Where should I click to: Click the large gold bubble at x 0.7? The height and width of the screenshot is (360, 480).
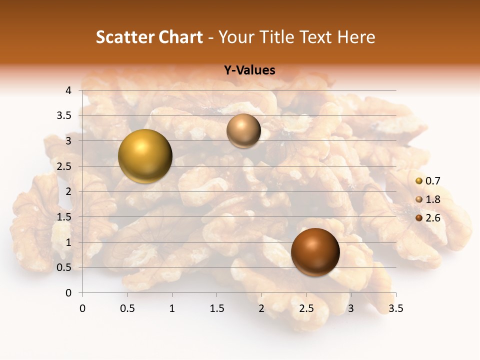tap(145, 156)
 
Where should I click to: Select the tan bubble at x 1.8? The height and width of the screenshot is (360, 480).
tap(243, 131)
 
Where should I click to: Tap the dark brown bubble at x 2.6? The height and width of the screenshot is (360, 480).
tap(315, 252)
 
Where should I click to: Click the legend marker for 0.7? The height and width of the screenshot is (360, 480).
tap(419, 181)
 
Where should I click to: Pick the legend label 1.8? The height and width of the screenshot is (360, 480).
tap(432, 199)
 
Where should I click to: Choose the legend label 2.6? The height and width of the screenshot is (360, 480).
tap(432, 218)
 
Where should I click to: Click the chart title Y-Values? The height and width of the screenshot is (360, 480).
tap(249, 70)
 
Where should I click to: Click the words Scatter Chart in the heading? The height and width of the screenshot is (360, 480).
tap(149, 37)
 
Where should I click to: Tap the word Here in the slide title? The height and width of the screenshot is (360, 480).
tap(355, 37)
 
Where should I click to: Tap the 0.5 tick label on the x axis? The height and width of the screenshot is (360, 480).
tap(127, 308)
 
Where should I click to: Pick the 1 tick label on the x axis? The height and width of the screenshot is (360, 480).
tap(172, 308)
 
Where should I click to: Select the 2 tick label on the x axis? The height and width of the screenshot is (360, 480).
tap(261, 308)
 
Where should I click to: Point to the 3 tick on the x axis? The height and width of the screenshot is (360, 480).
tap(351, 308)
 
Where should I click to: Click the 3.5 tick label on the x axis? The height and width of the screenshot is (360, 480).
tap(395, 308)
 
